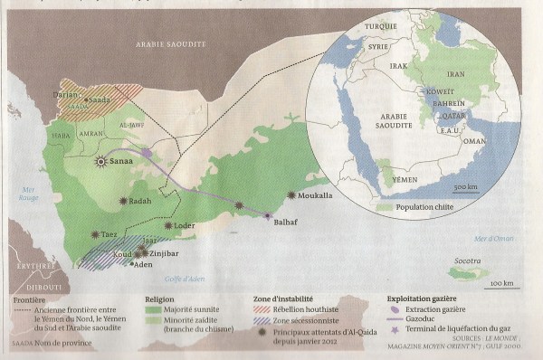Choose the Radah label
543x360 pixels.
[x=139, y=201]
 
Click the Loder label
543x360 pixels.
[x=184, y=225]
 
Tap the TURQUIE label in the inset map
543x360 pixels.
[x=380, y=26]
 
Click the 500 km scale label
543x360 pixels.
[x=465, y=186]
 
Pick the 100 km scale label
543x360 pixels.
[x=503, y=284]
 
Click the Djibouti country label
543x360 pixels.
[x=43, y=288]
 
